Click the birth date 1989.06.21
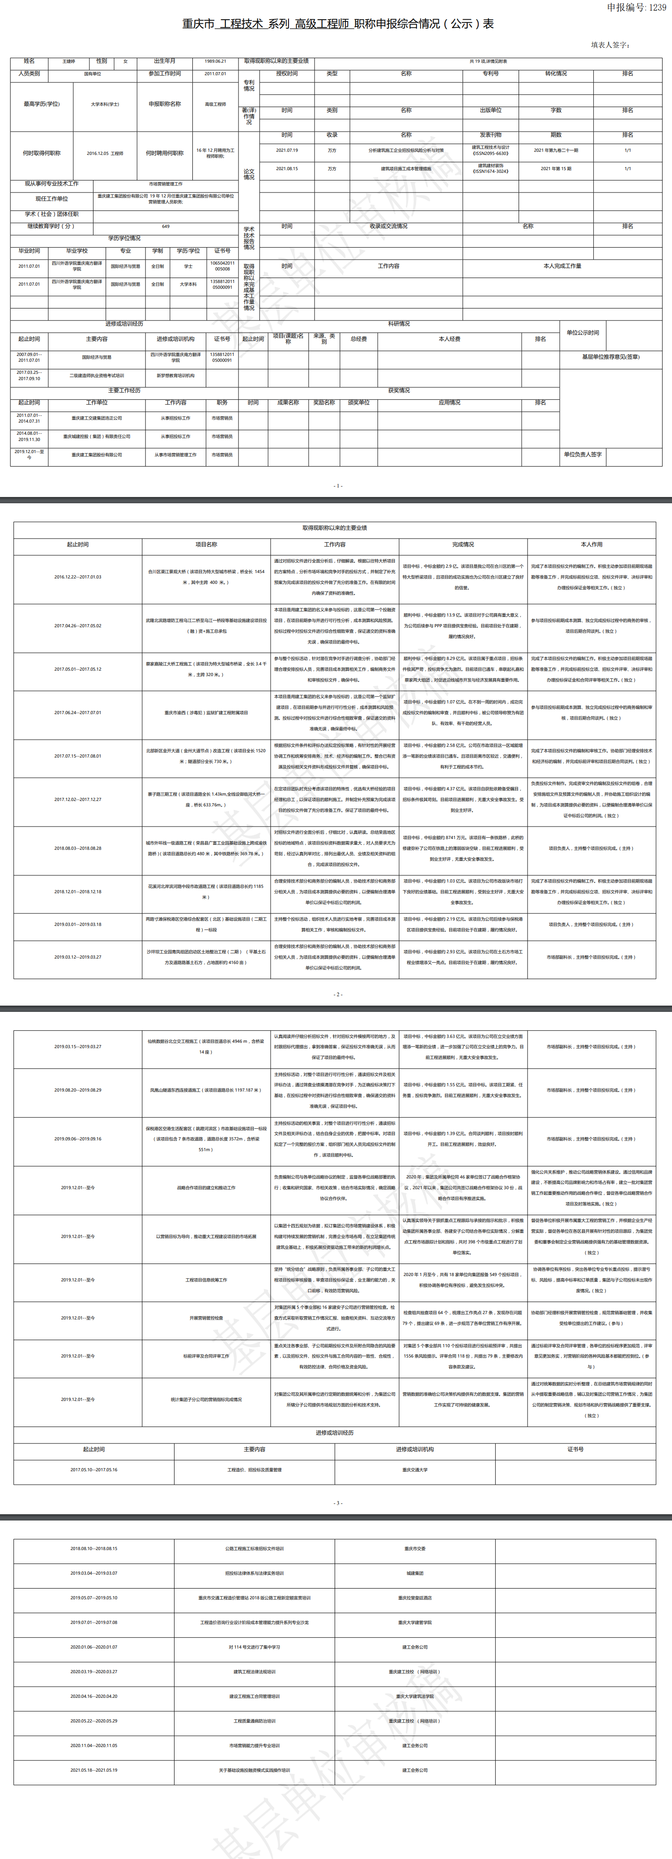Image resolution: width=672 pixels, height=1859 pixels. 215,61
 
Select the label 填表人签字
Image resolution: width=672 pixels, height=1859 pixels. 610,45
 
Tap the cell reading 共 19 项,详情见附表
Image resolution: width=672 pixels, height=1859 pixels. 488,61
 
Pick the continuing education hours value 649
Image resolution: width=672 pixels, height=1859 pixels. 166,226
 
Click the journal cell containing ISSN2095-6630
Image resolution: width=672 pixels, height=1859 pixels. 490,150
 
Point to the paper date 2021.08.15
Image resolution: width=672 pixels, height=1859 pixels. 286,169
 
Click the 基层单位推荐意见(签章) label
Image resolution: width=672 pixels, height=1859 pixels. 611,356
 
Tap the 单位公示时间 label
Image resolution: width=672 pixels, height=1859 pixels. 583,333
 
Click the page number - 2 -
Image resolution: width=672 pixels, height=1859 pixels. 337,994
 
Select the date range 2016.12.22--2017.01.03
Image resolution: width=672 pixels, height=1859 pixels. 78,577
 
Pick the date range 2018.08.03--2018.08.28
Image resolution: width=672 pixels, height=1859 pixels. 78,848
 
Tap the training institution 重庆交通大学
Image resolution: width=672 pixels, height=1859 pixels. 415,1469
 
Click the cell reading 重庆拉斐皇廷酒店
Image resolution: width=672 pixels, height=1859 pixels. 415,1598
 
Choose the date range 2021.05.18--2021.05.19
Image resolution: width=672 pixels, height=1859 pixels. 94,1769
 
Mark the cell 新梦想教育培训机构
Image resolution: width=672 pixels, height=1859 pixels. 175,375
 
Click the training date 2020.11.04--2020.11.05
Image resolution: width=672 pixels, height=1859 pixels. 94,1745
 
